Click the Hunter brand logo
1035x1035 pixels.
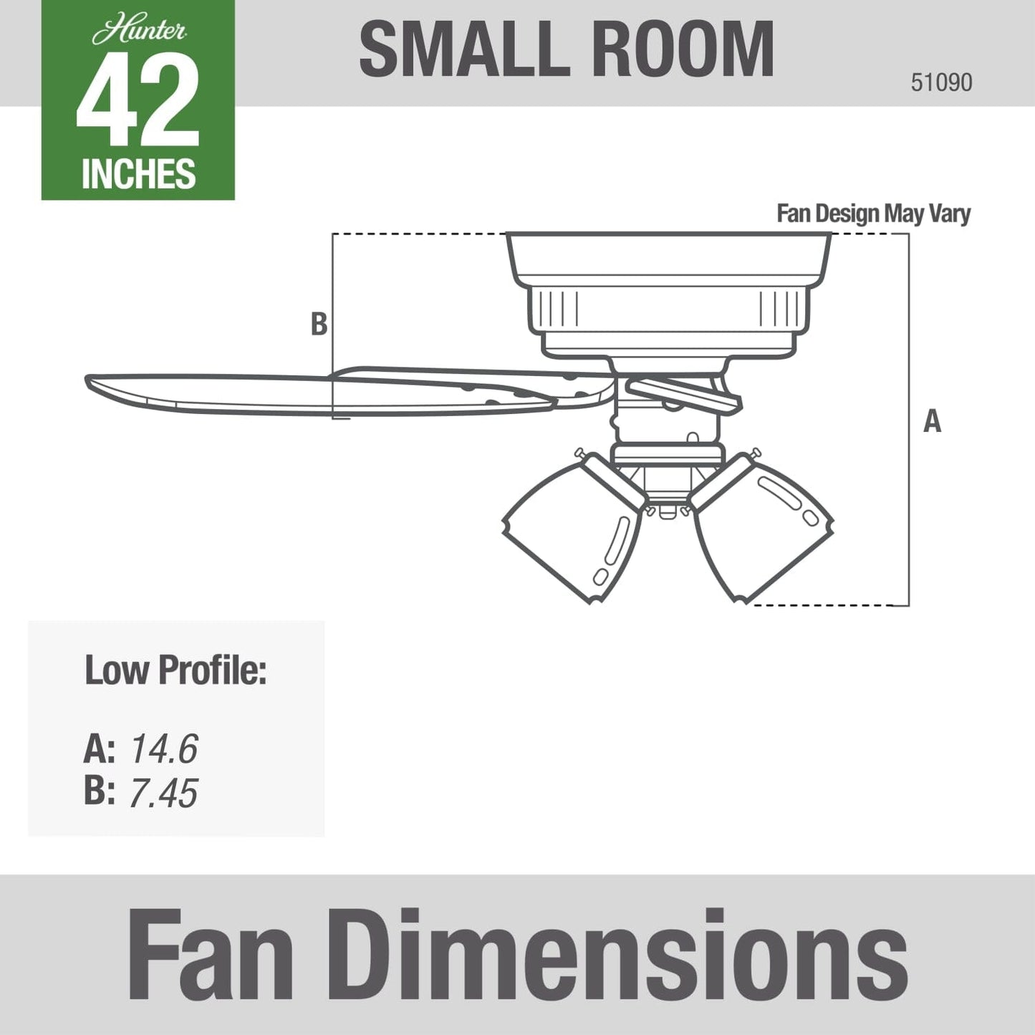(139, 32)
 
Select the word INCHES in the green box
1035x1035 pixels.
(138, 174)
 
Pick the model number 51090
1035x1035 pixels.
(941, 82)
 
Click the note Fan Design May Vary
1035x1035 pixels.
(873, 213)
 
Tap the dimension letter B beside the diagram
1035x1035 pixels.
(319, 324)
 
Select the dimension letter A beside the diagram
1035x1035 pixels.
(932, 421)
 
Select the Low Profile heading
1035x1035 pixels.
(175, 670)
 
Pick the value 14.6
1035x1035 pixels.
(163, 749)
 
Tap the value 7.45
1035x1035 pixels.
(163, 793)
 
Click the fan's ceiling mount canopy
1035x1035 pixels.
(668, 258)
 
